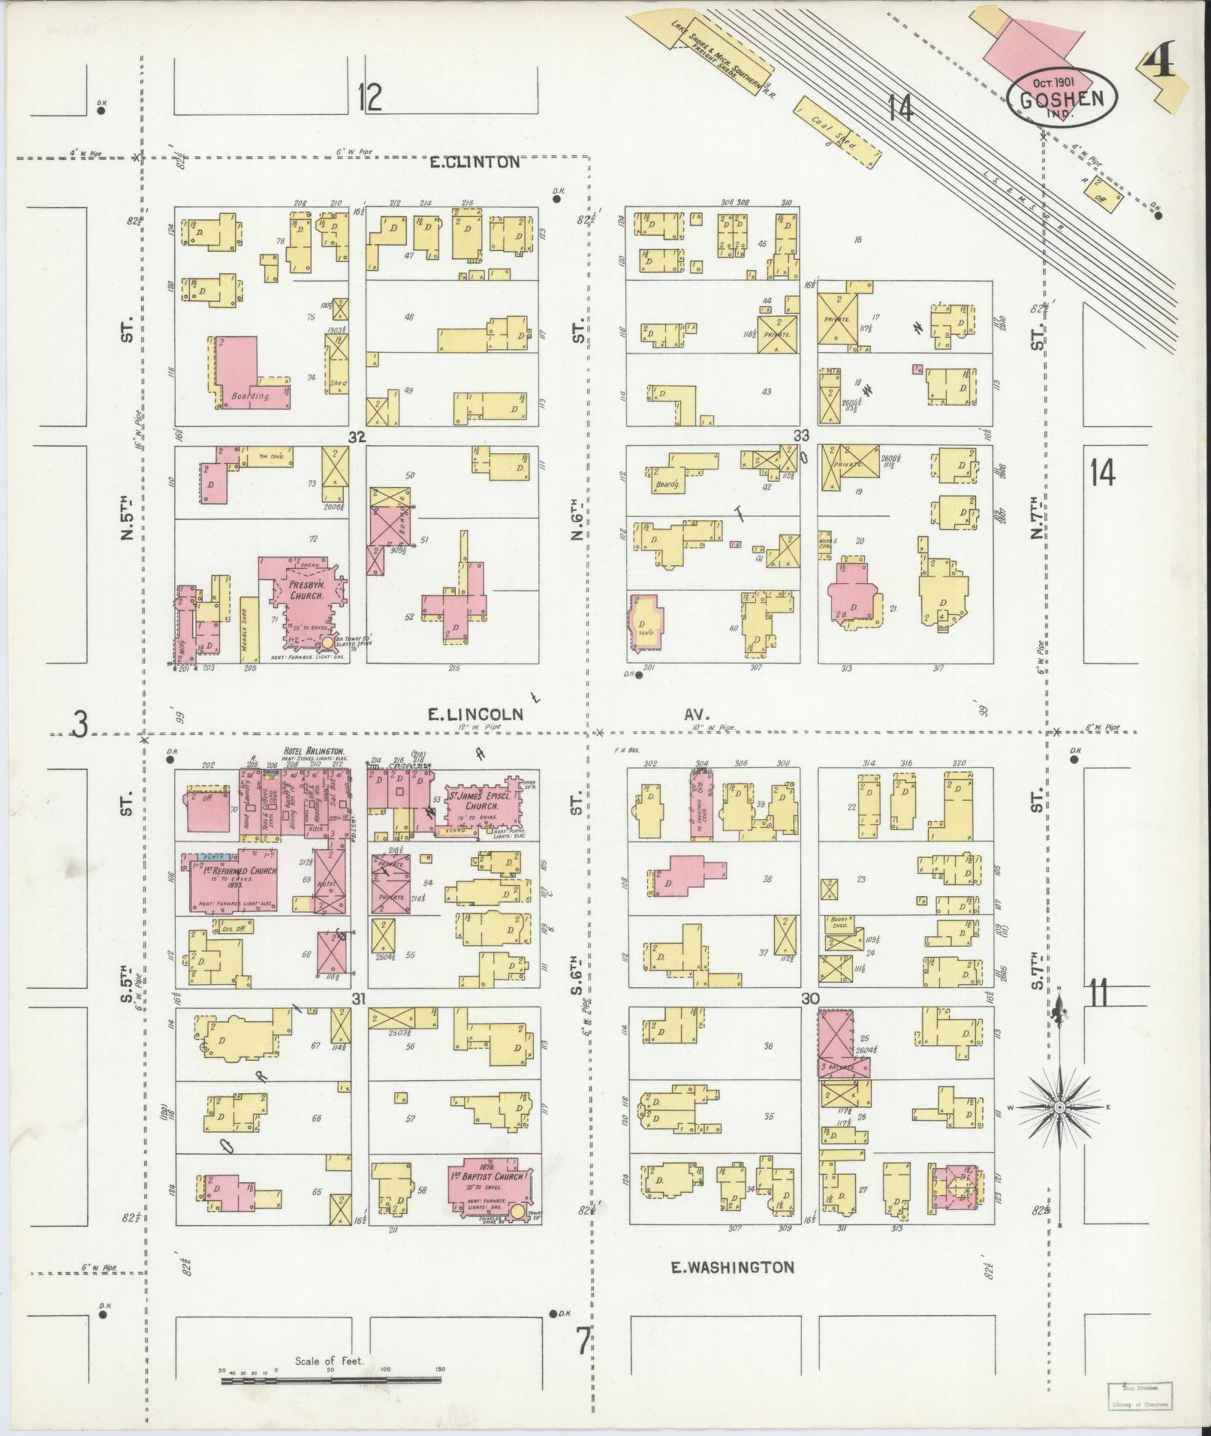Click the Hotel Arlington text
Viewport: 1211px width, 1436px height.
[313, 751]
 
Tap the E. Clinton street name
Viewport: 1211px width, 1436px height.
[474, 162]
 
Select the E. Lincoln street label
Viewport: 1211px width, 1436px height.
[474, 715]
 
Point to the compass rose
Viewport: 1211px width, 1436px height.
[1059, 1107]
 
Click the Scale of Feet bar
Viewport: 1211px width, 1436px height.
[330, 1379]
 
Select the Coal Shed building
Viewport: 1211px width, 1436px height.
[839, 131]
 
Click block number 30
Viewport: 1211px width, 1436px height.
[809, 999]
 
